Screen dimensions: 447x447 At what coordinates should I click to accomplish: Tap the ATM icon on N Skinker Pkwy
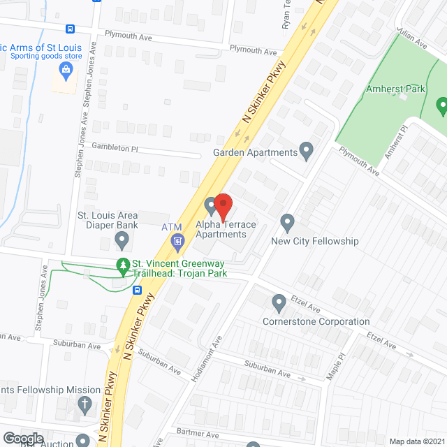click(177, 242)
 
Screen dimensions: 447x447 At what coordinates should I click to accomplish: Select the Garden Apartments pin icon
click(306, 150)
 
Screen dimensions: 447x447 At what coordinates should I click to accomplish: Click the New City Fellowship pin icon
click(287, 223)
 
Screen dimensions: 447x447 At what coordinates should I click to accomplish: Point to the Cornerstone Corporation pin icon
click(279, 303)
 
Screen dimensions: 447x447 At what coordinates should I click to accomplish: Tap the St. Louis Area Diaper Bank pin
click(122, 242)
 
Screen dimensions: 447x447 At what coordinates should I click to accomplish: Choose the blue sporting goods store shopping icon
click(66, 70)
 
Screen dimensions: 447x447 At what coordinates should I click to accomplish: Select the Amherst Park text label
click(395, 89)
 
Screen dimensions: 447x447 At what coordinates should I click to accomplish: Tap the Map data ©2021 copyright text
click(416, 441)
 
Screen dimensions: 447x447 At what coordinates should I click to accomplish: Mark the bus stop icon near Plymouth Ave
click(70, 29)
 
